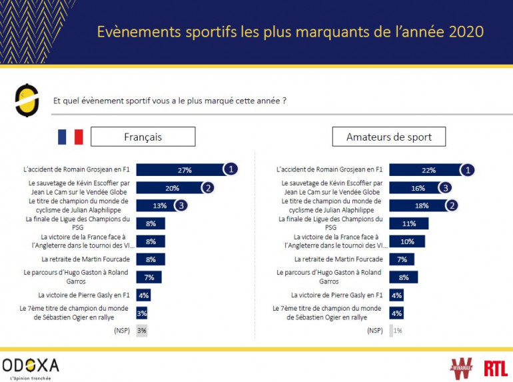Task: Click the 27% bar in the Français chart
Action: coord(180,169)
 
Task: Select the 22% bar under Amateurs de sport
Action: coord(426,170)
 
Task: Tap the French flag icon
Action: coord(70,137)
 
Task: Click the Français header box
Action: coord(143,137)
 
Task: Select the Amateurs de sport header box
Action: coord(389,137)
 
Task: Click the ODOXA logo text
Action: coord(31,365)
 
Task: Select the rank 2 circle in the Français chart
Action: coord(209,187)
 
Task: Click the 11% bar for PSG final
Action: coord(408,223)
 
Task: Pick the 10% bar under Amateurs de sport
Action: coord(406,241)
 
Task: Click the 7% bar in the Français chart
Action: coord(149,277)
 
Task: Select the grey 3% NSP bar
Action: coord(141,330)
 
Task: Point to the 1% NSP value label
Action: coord(398,330)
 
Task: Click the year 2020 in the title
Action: coord(464,32)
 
